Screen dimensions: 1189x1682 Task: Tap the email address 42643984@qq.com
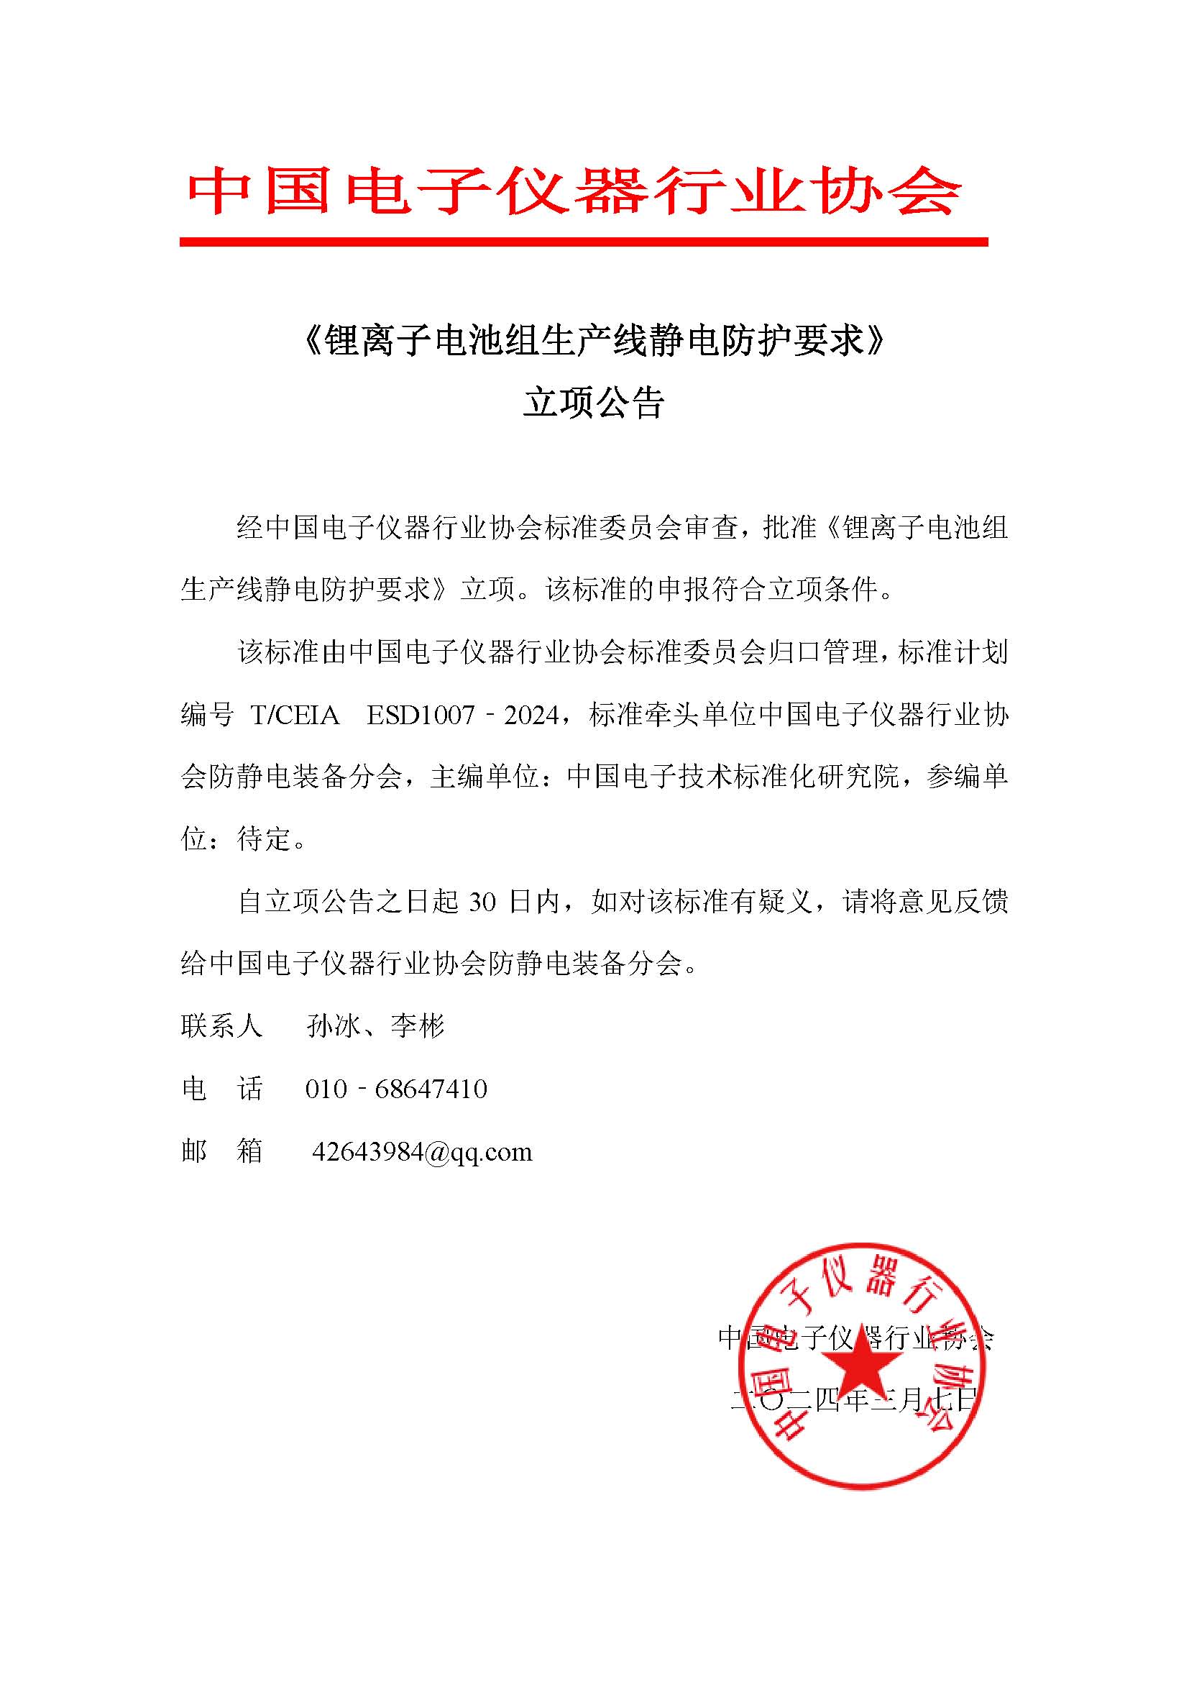422,1152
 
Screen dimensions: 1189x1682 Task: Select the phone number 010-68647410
396,1089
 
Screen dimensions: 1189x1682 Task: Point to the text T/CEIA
295,714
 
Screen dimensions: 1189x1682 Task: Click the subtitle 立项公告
594,402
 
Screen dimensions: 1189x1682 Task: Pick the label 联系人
221,1026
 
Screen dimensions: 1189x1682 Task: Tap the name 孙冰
333,1026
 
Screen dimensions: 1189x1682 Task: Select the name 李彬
418,1026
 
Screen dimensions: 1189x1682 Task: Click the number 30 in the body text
482,902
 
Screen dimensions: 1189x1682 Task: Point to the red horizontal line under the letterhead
584,242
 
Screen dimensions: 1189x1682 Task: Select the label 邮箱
221,1152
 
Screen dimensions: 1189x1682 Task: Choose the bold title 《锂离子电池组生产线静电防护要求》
594,341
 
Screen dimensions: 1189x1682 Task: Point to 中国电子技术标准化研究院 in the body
733,777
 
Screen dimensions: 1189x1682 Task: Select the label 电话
221,1089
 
